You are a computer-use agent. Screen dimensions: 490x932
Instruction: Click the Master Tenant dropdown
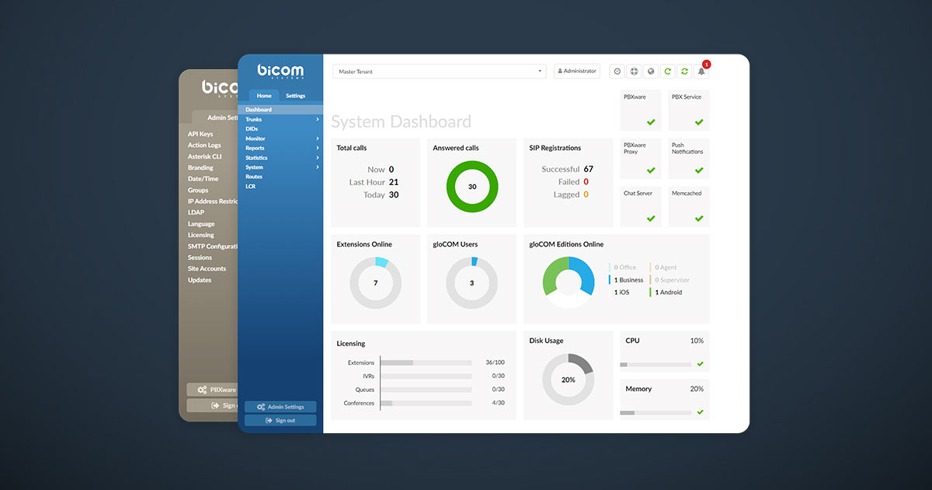pyautogui.click(x=440, y=72)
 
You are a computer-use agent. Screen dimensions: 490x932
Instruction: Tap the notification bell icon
pyautogui.click(x=701, y=72)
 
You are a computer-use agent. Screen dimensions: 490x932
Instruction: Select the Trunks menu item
pyautogui.click(x=254, y=119)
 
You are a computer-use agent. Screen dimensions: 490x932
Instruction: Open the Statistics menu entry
pyautogui.click(x=256, y=158)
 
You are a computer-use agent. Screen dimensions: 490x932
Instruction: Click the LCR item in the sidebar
pyautogui.click(x=250, y=187)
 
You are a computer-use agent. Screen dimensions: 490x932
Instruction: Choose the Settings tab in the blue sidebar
pyautogui.click(x=295, y=96)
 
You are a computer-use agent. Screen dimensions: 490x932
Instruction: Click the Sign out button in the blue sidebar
pyautogui.click(x=280, y=421)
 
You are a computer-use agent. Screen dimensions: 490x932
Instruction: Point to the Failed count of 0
pyautogui.click(x=586, y=182)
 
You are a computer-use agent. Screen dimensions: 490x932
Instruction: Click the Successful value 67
pyautogui.click(x=588, y=169)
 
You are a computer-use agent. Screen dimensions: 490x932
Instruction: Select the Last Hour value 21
pyautogui.click(x=394, y=182)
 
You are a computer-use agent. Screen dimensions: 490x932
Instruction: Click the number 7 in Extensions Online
pyautogui.click(x=376, y=283)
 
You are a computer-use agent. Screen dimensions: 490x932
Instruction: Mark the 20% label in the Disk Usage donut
pyautogui.click(x=569, y=380)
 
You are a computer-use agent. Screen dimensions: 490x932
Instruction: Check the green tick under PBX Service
pyautogui.click(x=699, y=122)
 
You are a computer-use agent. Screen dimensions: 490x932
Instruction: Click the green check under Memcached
pyautogui.click(x=699, y=219)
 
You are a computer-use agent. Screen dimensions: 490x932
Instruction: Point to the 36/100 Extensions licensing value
pyautogui.click(x=495, y=362)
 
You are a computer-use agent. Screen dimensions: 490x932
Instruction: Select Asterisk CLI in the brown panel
pyautogui.click(x=204, y=156)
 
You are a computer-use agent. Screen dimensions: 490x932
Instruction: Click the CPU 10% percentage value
pyautogui.click(x=697, y=341)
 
